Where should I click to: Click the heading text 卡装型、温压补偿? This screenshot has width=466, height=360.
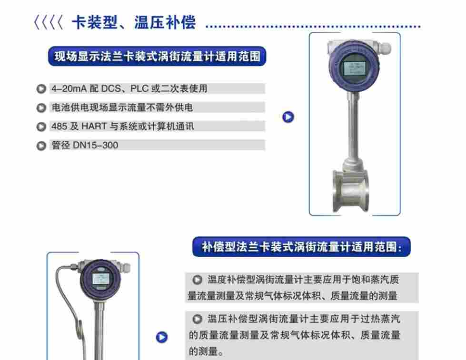tap(133, 23)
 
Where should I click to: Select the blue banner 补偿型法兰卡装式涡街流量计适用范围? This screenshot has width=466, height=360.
tap(301, 247)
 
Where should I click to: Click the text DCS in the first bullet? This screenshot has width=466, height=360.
tap(112, 88)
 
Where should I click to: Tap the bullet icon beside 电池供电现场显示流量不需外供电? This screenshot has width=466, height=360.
tap(41, 108)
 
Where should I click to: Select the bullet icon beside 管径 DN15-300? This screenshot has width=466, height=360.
tap(41, 146)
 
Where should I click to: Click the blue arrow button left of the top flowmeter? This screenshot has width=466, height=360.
tap(288, 117)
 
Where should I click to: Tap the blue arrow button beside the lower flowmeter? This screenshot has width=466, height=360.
tap(162, 337)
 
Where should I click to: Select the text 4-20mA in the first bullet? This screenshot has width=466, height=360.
tap(69, 88)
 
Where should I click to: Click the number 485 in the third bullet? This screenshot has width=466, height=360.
tap(58, 126)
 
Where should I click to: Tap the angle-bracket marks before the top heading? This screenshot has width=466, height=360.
tap(48, 23)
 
